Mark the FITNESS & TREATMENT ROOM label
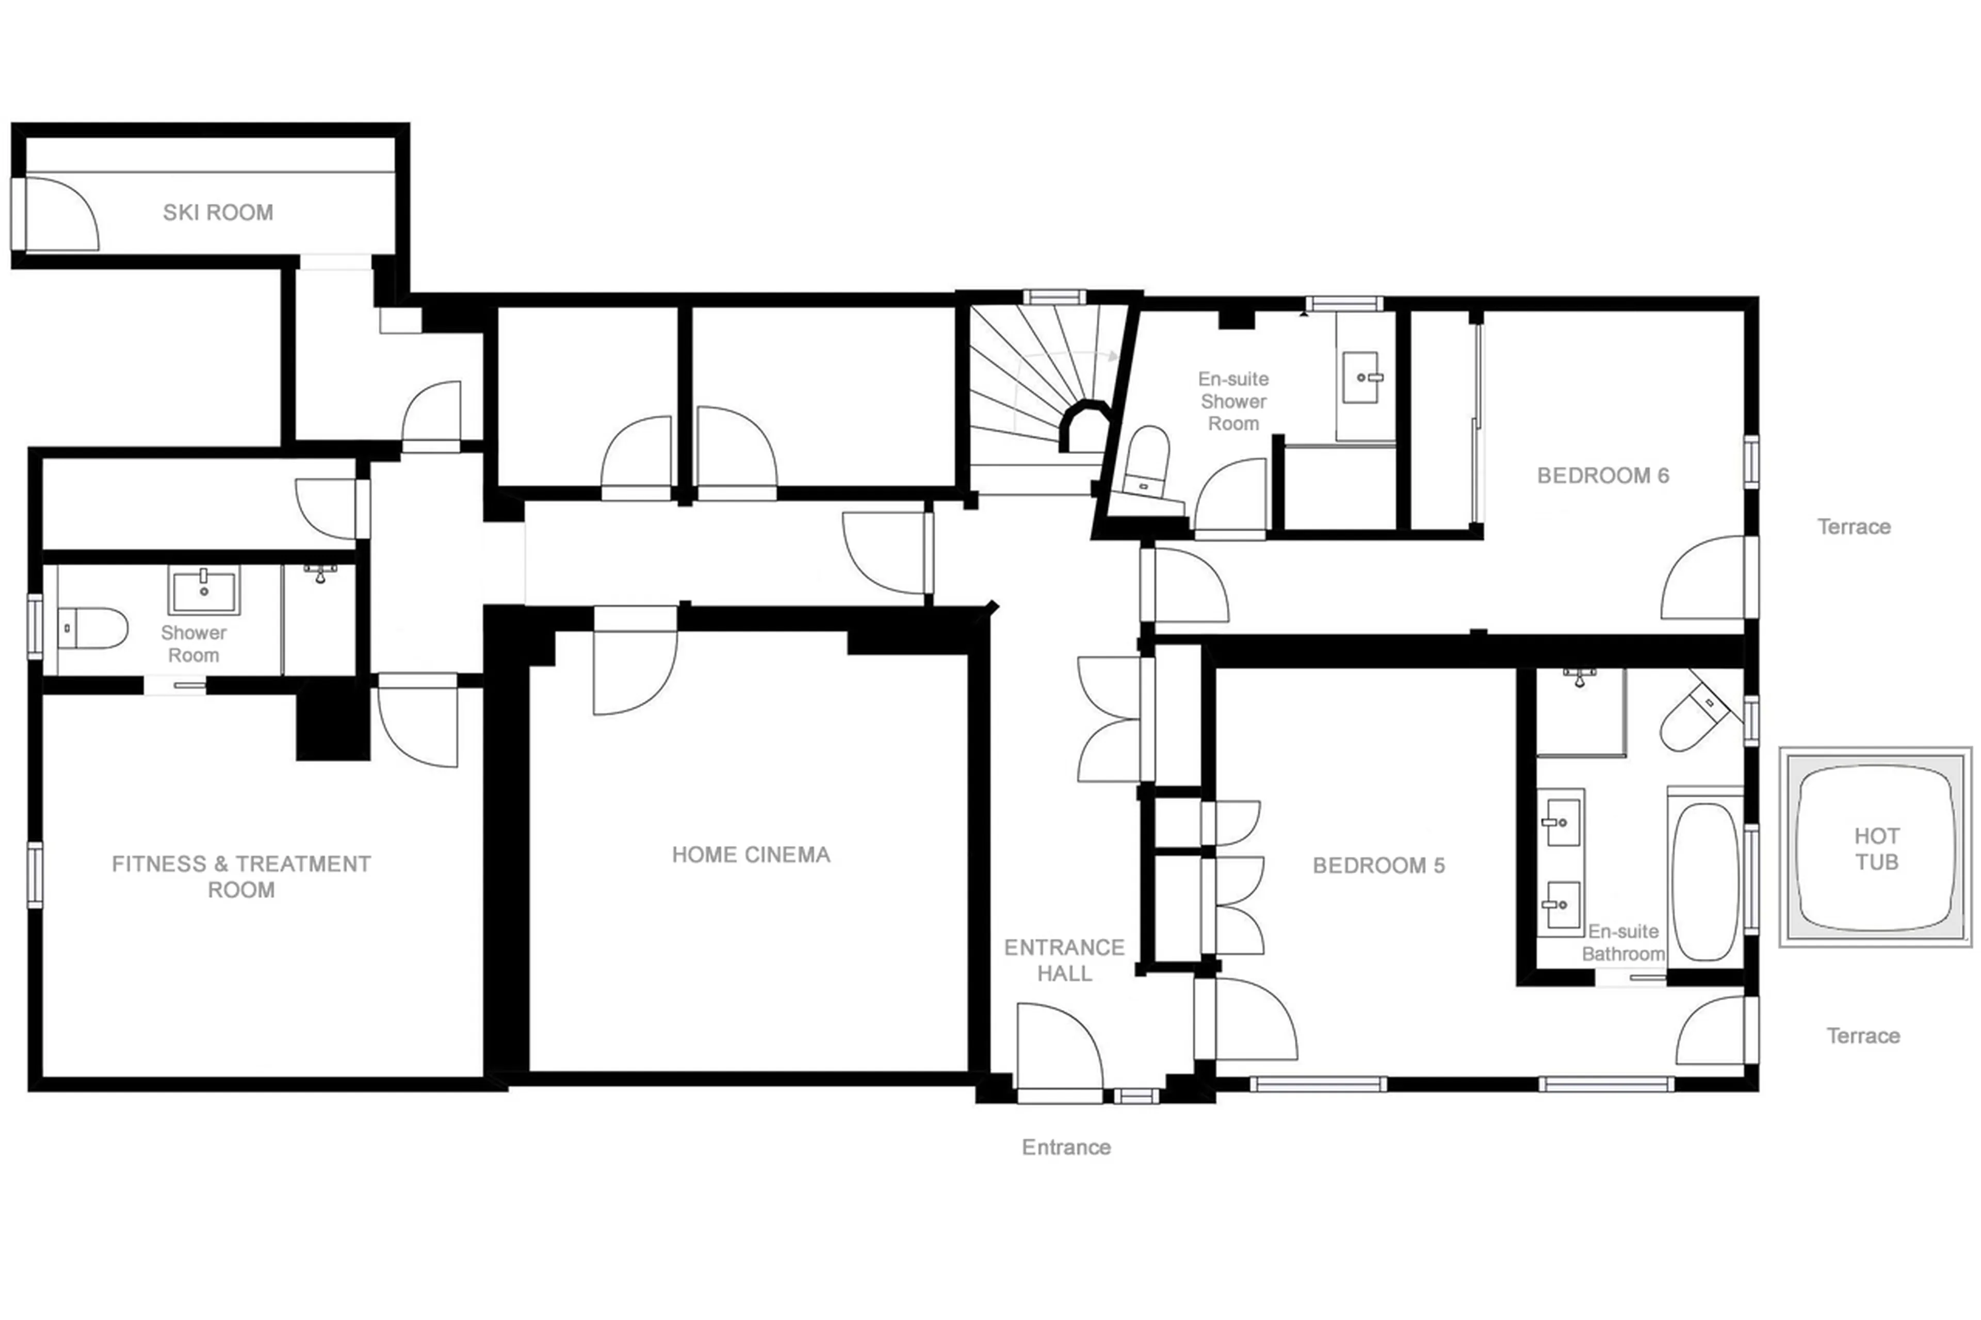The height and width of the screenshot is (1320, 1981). point(241,876)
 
